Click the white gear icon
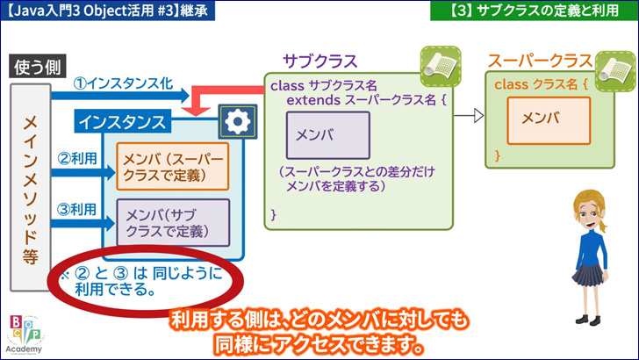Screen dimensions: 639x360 [x=238, y=121]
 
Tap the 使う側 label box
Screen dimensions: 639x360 [x=38, y=66]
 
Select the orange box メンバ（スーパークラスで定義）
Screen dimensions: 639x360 [x=172, y=166]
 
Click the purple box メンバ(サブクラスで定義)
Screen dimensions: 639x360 [x=173, y=223]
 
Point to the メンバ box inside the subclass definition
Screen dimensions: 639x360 [x=328, y=135]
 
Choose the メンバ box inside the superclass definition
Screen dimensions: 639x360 [x=549, y=120]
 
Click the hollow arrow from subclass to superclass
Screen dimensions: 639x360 [x=469, y=116]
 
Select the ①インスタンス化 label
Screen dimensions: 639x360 [x=123, y=83]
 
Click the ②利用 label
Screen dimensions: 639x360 [x=77, y=158]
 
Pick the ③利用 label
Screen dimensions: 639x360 [x=77, y=210]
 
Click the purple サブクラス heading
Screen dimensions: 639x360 [x=319, y=61]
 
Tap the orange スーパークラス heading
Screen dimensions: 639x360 [x=540, y=61]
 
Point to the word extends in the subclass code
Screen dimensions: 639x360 [x=313, y=100]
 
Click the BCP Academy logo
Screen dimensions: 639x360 [x=25, y=335]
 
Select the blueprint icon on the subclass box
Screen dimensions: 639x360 [x=441, y=67]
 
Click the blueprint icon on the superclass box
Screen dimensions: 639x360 [x=615, y=71]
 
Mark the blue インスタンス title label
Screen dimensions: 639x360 [x=122, y=121]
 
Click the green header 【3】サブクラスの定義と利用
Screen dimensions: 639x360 [x=535, y=11]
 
